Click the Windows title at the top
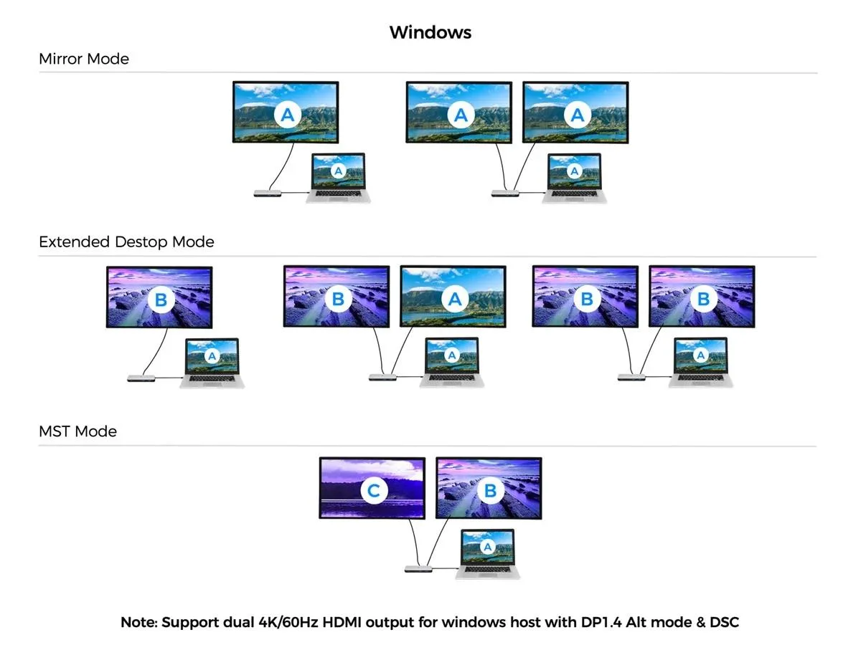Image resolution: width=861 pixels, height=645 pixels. (430, 32)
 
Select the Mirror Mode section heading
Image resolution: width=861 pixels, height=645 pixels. (84, 59)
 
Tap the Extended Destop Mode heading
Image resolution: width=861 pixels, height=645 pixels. (126, 242)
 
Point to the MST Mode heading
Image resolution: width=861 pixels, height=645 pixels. (77, 431)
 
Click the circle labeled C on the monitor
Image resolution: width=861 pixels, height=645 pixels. (374, 490)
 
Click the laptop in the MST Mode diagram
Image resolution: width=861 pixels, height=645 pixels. (488, 554)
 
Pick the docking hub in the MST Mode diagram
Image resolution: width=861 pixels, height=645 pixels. (418, 568)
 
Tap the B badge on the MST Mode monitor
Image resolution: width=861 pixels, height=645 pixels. (490, 490)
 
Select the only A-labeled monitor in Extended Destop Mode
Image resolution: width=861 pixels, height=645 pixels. (453, 297)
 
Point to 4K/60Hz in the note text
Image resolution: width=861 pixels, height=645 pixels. (288, 622)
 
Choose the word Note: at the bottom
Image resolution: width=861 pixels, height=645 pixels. (139, 622)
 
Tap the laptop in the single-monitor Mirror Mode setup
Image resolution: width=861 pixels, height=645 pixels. (338, 178)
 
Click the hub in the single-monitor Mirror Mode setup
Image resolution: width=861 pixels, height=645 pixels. (268, 193)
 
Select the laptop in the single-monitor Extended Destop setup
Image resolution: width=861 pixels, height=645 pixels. (212, 363)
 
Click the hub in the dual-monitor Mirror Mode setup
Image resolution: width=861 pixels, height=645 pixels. (505, 193)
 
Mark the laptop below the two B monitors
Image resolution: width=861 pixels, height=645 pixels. (700, 362)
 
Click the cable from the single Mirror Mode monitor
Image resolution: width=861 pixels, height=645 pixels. (283, 167)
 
